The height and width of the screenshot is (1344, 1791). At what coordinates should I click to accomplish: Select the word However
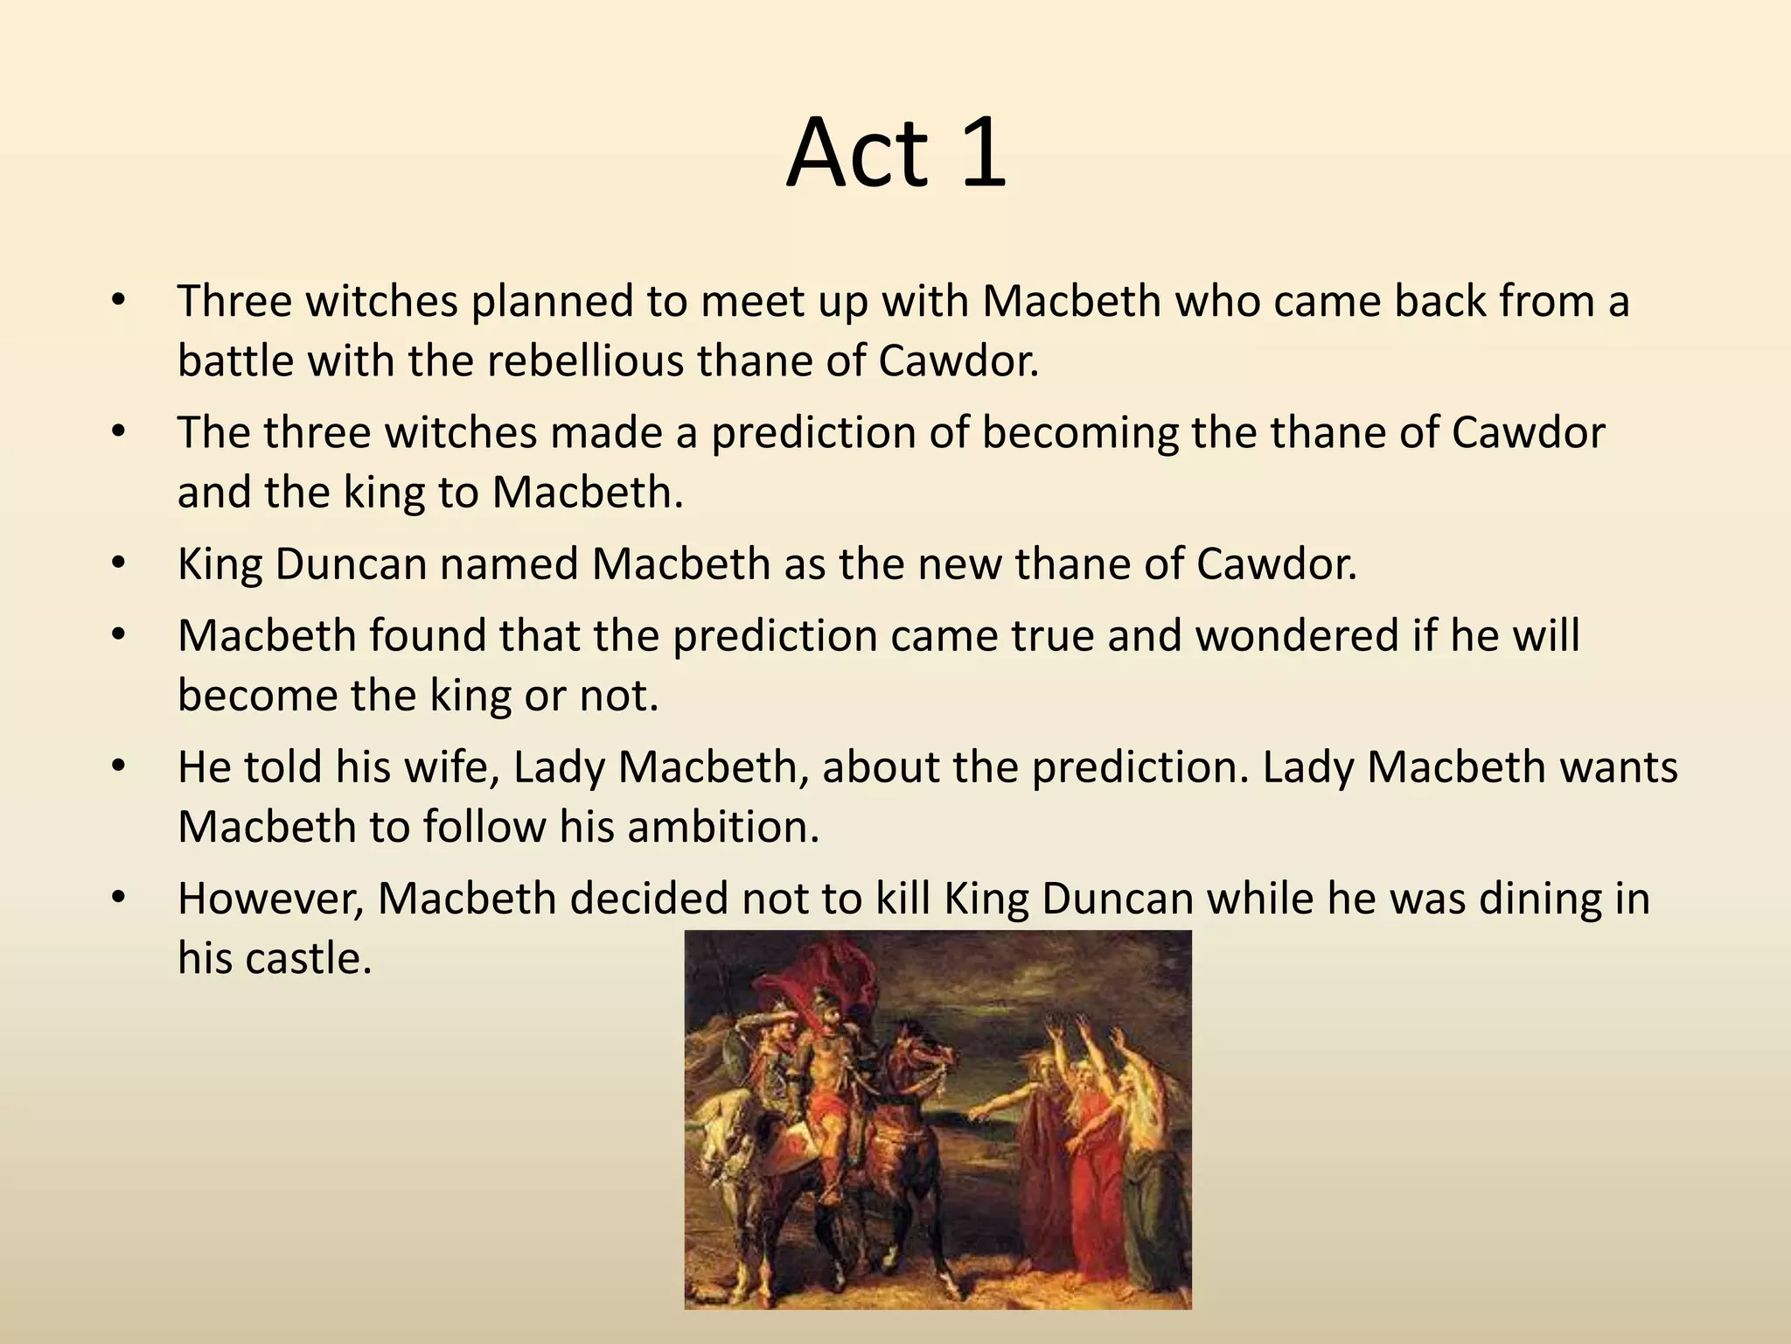[270, 899]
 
